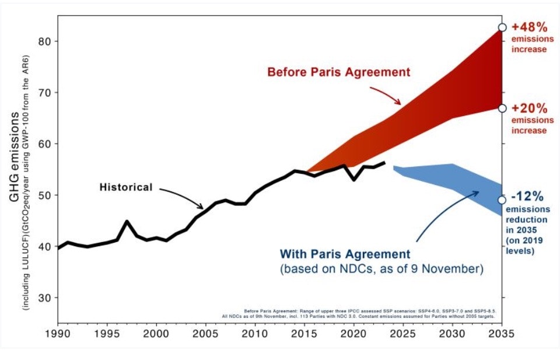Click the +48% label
coord(529,27)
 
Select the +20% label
coord(529,109)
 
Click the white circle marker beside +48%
coord(502,27)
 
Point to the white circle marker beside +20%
coord(502,109)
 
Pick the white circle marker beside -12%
coord(502,200)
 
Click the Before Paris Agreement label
coord(339,72)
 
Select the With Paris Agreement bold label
coord(345,254)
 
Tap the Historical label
coord(126,187)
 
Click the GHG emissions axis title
coord(13,158)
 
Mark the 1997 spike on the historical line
coord(127,222)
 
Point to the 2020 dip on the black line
coord(354,179)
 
